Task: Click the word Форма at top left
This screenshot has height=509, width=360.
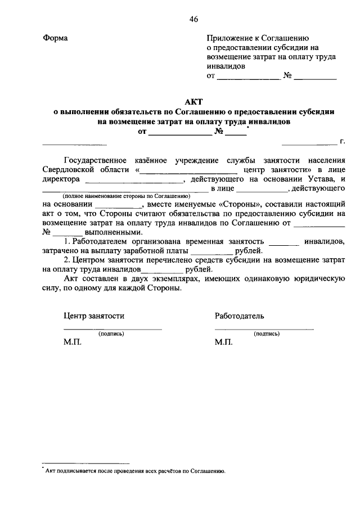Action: tap(55, 38)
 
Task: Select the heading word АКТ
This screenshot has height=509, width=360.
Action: tap(193, 101)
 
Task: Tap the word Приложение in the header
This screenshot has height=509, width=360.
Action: tap(229, 38)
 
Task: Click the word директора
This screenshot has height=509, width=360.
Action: tap(62, 179)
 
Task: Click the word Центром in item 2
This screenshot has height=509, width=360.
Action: tap(90, 260)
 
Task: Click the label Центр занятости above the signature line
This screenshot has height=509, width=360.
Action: tap(94, 316)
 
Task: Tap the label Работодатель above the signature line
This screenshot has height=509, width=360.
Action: tap(240, 316)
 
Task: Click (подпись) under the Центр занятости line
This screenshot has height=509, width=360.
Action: tap(111, 334)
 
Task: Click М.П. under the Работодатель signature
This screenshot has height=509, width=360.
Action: tap(224, 342)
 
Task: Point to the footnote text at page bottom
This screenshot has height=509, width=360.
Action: tap(135, 471)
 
